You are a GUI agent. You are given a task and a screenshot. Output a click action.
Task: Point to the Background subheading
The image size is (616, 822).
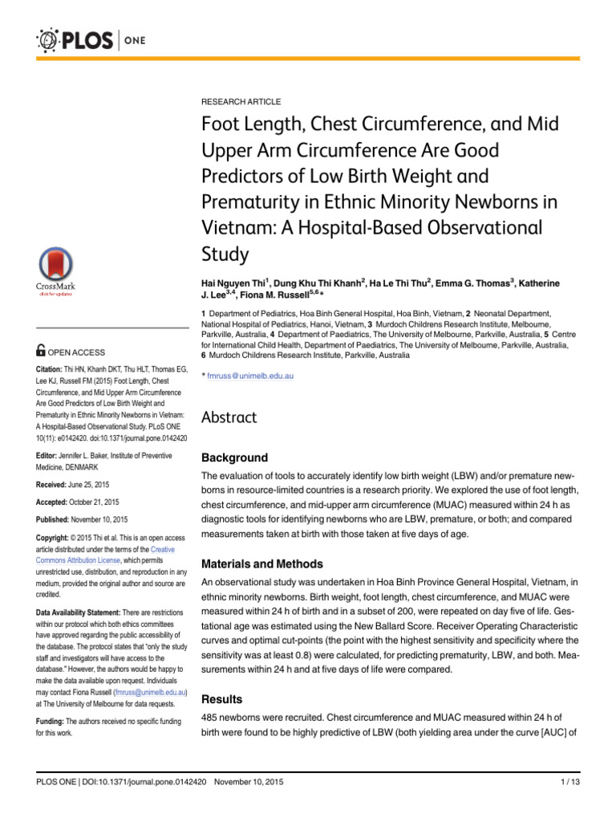234,458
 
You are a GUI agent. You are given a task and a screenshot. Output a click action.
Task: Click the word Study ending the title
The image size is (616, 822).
225,254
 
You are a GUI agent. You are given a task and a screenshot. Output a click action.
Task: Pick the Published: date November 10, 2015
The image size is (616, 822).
103,519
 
